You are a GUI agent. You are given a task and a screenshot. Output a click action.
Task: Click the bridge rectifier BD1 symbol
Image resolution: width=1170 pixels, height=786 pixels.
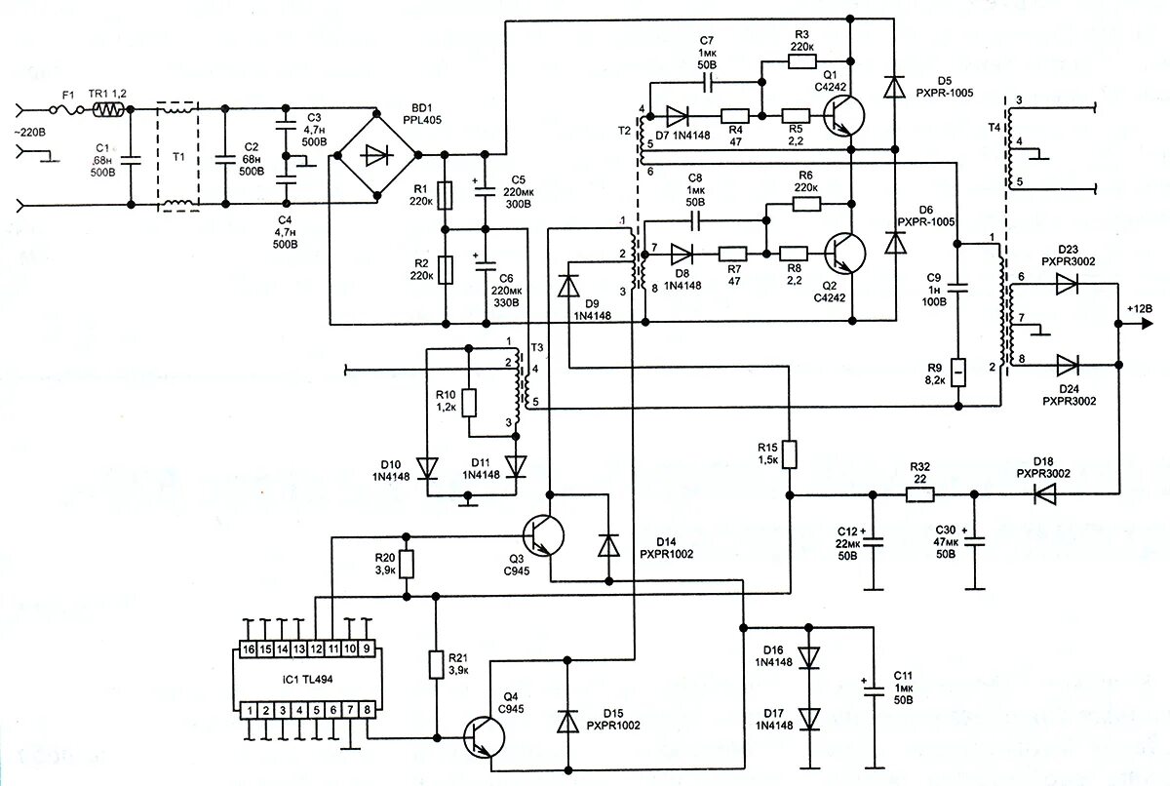point(375,154)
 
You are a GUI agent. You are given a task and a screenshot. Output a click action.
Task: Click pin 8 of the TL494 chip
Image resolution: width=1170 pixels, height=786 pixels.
point(366,711)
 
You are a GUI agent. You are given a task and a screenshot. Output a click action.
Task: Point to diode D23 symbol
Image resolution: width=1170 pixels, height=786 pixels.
point(1067,284)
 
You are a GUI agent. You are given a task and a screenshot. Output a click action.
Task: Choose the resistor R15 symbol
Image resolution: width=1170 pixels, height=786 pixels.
point(789,454)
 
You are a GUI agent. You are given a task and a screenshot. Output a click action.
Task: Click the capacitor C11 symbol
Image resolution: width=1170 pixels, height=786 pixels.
point(873,688)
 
